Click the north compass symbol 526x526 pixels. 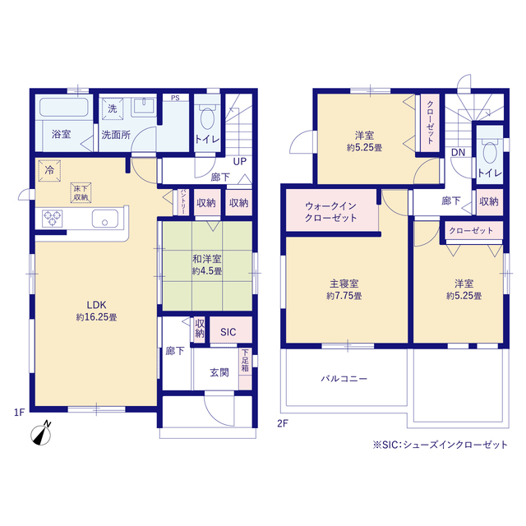pos(41,434)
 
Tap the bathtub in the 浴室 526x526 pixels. pos(64,107)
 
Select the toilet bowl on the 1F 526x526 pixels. pos(207,118)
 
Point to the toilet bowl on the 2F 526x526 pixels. pos(490,152)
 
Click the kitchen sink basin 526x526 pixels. pos(105,219)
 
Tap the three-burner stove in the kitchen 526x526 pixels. pos(53,218)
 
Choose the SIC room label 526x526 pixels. pos(228,332)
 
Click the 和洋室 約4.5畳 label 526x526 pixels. pos(206,265)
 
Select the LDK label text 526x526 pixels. pos(97,305)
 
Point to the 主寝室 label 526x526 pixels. pos(344,284)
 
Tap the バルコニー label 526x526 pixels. pos(344,379)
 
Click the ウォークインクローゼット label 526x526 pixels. pos(330,212)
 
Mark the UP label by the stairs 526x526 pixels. pos(239,161)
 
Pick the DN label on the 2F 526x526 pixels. pos(458,153)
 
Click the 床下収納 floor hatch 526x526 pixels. pos(81,193)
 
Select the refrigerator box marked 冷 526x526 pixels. pos(49,170)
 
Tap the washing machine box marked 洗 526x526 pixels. pos(113,108)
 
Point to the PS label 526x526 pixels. pos(175,98)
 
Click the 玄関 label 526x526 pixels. pos(219,372)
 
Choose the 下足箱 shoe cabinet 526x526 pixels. pos(245,369)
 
